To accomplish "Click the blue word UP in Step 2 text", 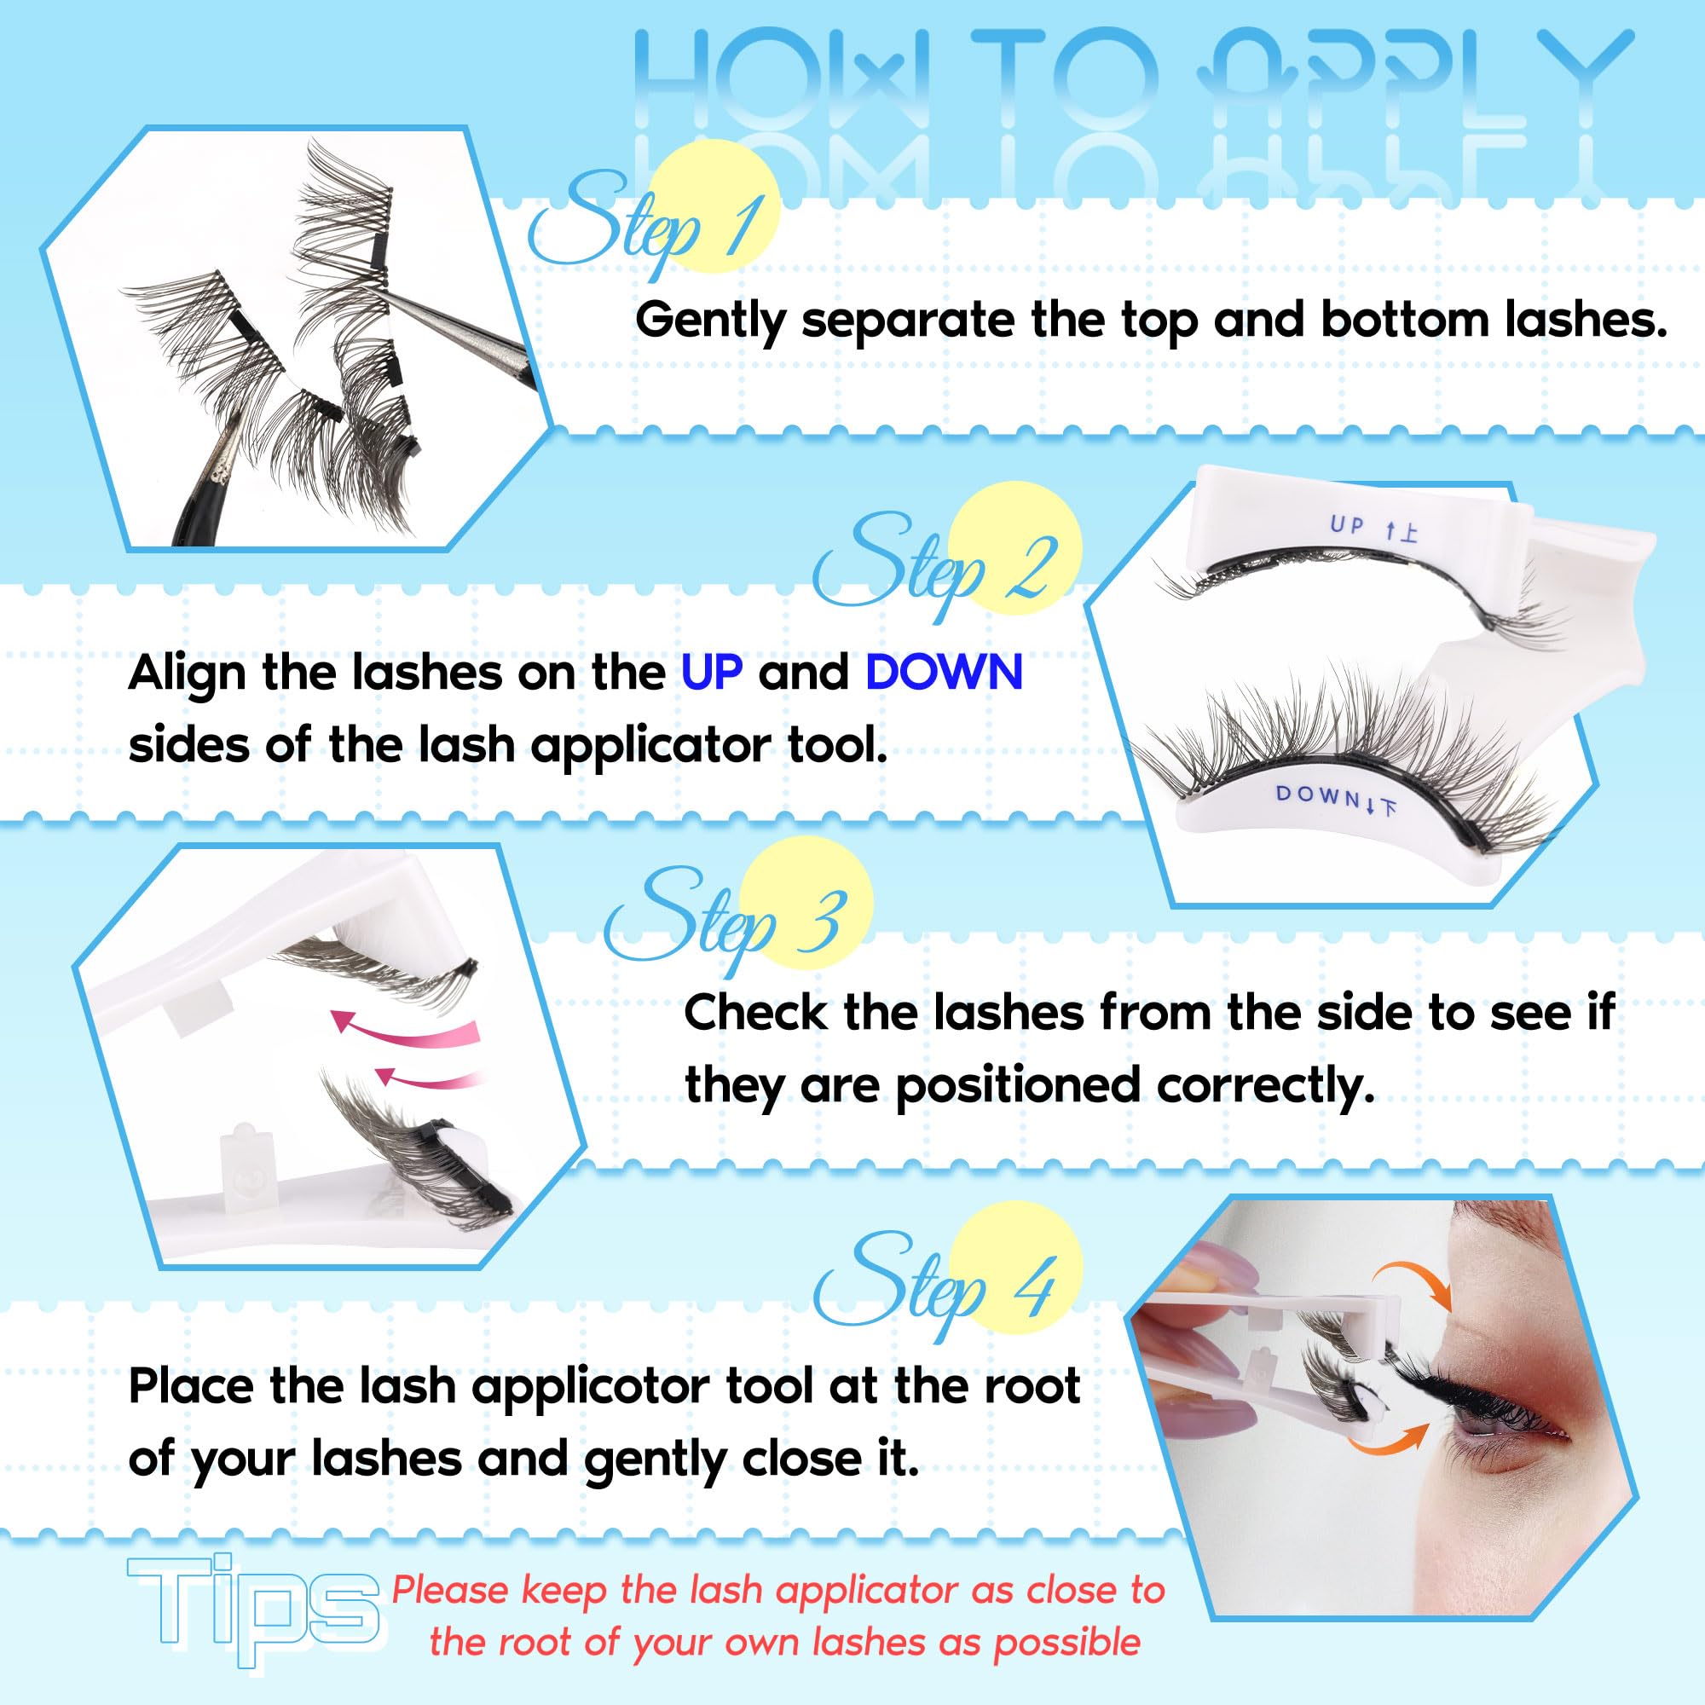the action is pyautogui.click(x=711, y=673).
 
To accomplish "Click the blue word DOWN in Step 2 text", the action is pyautogui.click(x=944, y=673).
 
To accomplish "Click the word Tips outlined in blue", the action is pyautogui.click(x=254, y=1610).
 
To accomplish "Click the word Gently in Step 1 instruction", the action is pyautogui.click(x=709, y=321).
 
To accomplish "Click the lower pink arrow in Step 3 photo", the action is pyautogui.click(x=429, y=1078).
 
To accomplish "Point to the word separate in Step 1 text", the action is pyautogui.click(x=907, y=321).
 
